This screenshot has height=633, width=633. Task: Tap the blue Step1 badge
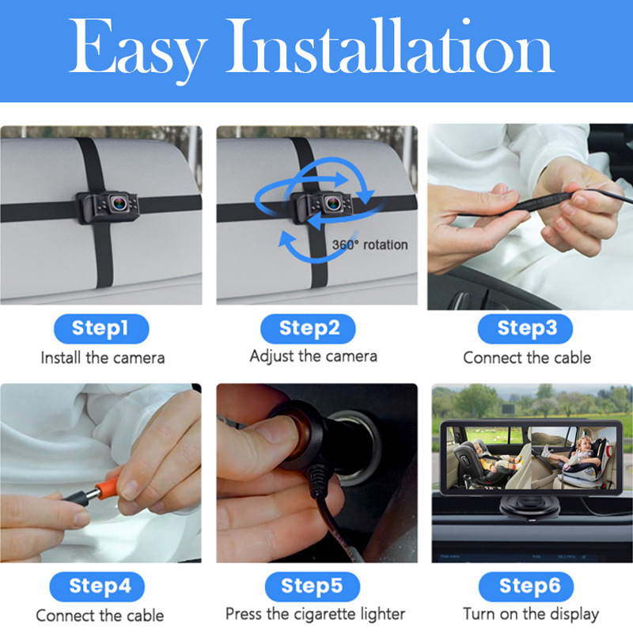101,328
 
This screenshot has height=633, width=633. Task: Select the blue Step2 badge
308,328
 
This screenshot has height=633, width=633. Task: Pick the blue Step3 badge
525,328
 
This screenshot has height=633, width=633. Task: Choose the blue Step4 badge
97,586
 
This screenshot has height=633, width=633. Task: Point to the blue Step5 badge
313,586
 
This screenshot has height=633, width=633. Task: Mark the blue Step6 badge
526,586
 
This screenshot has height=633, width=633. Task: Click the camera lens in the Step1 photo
119,203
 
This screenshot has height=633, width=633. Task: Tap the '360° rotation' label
370,244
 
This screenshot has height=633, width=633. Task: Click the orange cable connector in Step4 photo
108,490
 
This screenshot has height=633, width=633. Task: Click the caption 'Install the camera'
103,358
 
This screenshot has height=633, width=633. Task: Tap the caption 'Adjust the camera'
313,357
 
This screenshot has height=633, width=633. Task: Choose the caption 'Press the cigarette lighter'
315,615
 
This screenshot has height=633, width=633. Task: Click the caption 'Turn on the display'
531,615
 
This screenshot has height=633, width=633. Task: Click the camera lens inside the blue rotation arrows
333,203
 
